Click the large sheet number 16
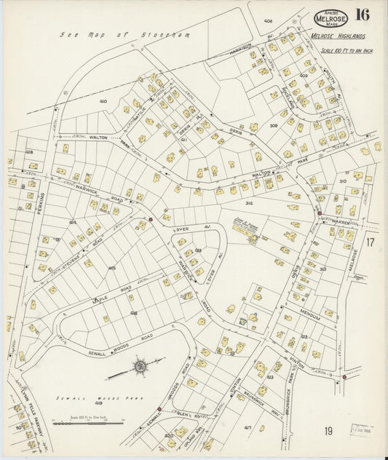coord(361,15)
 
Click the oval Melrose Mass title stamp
coord(330,17)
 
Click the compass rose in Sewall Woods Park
coord(138,366)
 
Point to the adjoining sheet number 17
coord(371,242)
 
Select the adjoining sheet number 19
coord(328,431)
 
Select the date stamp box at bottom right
coord(360,429)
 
